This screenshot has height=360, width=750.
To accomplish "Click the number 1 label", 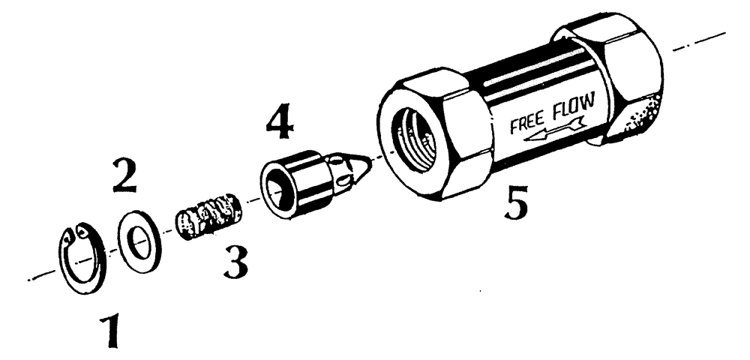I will [110, 332].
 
